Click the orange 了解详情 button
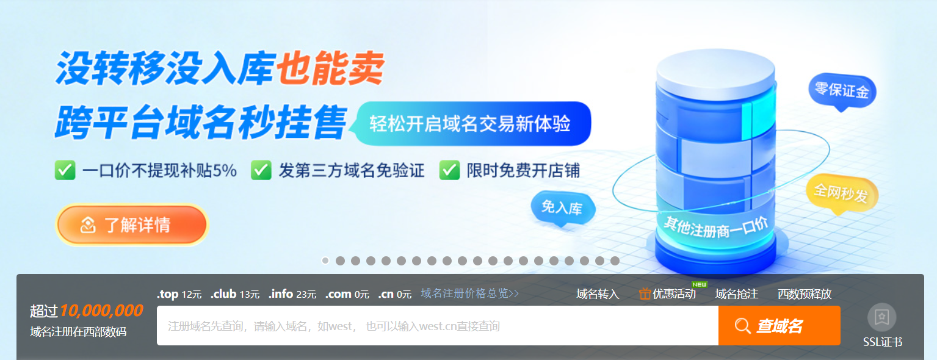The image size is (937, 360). point(132,225)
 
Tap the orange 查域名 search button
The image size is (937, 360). point(780,326)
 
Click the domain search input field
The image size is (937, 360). point(438,326)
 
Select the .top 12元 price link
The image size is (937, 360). point(179,294)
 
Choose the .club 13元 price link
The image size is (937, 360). point(235,294)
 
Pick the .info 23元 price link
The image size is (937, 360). point(292,294)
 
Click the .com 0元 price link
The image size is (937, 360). point(347,294)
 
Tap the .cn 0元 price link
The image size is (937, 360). point(395,294)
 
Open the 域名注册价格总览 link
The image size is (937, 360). point(470,293)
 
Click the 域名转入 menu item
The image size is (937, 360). point(598,294)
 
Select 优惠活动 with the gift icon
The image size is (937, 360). point(668,294)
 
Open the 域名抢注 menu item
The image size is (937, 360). point(737,294)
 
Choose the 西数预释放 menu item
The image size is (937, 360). point(805,294)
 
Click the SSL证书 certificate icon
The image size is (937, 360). point(882,317)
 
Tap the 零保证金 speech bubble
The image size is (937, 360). point(842,91)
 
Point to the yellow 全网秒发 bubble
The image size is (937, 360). point(842,193)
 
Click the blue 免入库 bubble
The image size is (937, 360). point(563,208)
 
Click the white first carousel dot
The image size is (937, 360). point(325,261)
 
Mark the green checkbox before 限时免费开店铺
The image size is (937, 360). point(450,170)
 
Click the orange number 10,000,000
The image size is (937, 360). point(102,310)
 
